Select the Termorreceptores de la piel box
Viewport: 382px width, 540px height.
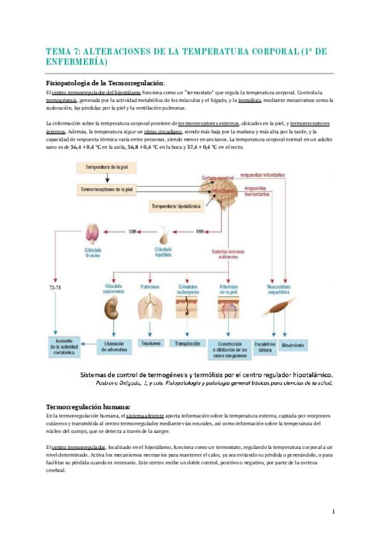point(107,189)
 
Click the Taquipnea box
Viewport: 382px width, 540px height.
point(150,343)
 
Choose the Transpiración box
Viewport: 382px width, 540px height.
point(188,343)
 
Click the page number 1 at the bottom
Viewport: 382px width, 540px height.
point(333,511)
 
